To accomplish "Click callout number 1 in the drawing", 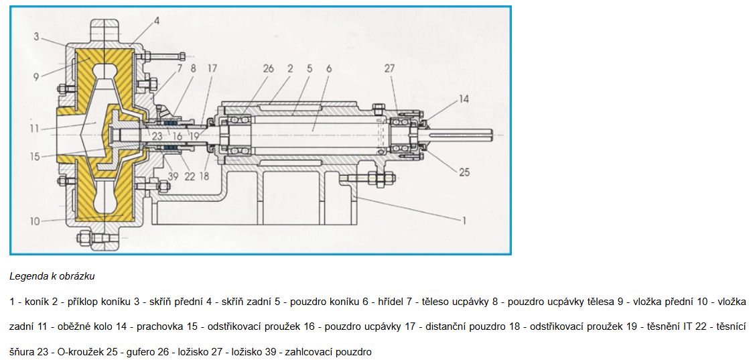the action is coord(463,221).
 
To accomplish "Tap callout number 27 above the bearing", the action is coord(390,68).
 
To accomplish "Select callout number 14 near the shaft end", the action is coord(464,99).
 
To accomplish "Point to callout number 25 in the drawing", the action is coord(464,172).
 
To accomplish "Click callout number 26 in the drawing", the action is coord(269,68).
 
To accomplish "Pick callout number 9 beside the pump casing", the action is coord(36,76).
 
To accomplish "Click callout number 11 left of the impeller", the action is coord(33,128).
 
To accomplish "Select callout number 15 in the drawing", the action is coord(33,156).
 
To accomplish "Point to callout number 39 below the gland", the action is coord(173,176).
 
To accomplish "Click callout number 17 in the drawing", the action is coord(212,68).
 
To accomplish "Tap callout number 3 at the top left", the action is coord(37,36).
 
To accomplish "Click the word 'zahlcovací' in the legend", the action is coord(305,353).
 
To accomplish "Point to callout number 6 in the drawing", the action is coord(329,68).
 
